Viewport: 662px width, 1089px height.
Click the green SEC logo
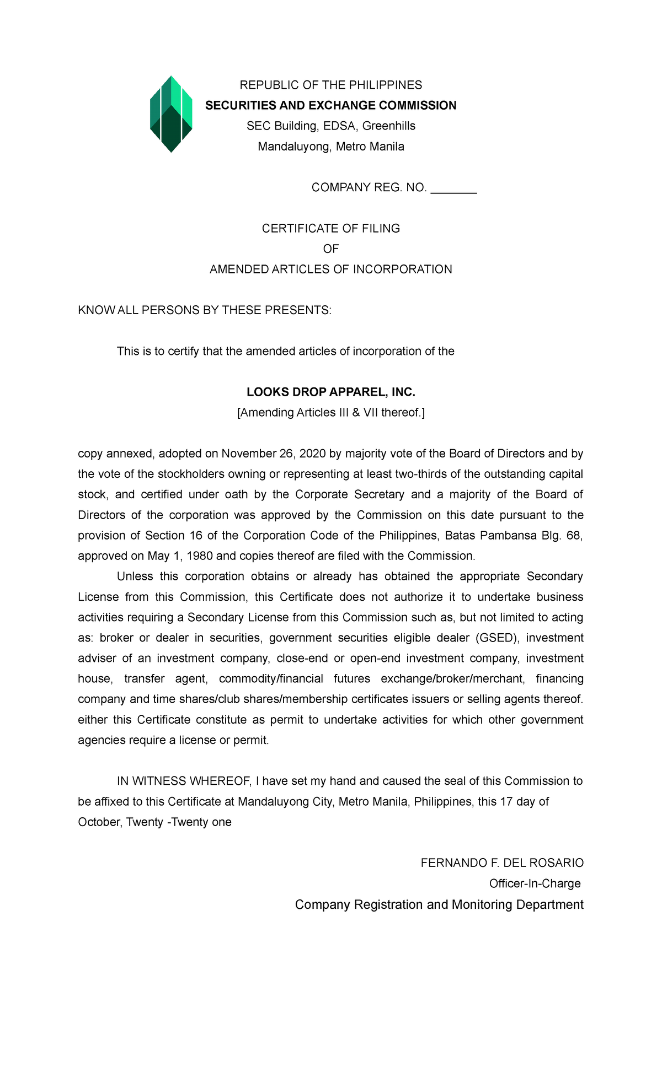click(x=171, y=114)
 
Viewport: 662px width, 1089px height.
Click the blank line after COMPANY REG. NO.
click(x=453, y=188)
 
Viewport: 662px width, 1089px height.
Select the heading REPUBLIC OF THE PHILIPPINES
click(x=330, y=85)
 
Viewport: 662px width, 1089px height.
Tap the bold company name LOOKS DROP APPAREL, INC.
click(x=330, y=392)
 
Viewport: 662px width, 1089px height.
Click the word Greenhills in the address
click(x=388, y=126)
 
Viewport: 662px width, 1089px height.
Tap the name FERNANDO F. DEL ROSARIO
click(x=501, y=863)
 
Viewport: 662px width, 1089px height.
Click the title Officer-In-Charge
click(x=535, y=883)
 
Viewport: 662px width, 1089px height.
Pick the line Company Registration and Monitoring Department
click(x=439, y=905)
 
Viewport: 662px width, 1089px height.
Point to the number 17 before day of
click(x=506, y=802)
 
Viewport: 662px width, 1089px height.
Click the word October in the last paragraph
click(x=99, y=822)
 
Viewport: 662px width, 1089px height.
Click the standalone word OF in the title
click(x=330, y=249)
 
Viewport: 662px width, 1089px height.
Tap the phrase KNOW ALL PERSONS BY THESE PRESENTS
click(x=205, y=310)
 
